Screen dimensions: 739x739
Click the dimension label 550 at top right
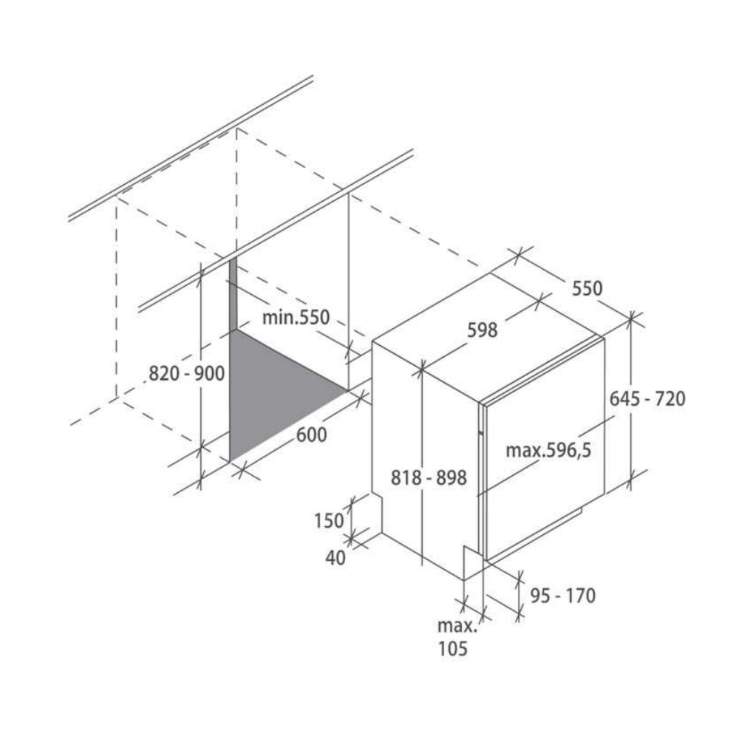point(588,288)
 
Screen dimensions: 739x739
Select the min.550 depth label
point(295,318)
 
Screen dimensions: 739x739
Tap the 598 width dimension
point(483,330)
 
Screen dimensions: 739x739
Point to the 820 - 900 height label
point(186,374)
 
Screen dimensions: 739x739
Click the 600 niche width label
point(311,435)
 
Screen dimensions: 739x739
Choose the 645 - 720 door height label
point(647,398)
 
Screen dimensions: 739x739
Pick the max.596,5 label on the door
point(549,449)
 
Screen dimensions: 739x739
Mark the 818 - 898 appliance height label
point(429,478)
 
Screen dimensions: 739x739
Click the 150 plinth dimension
point(329,520)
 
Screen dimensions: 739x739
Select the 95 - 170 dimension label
point(562,595)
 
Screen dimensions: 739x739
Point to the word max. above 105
point(457,627)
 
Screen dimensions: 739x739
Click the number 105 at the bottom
point(452,650)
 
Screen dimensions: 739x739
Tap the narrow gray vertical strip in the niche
point(232,296)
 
